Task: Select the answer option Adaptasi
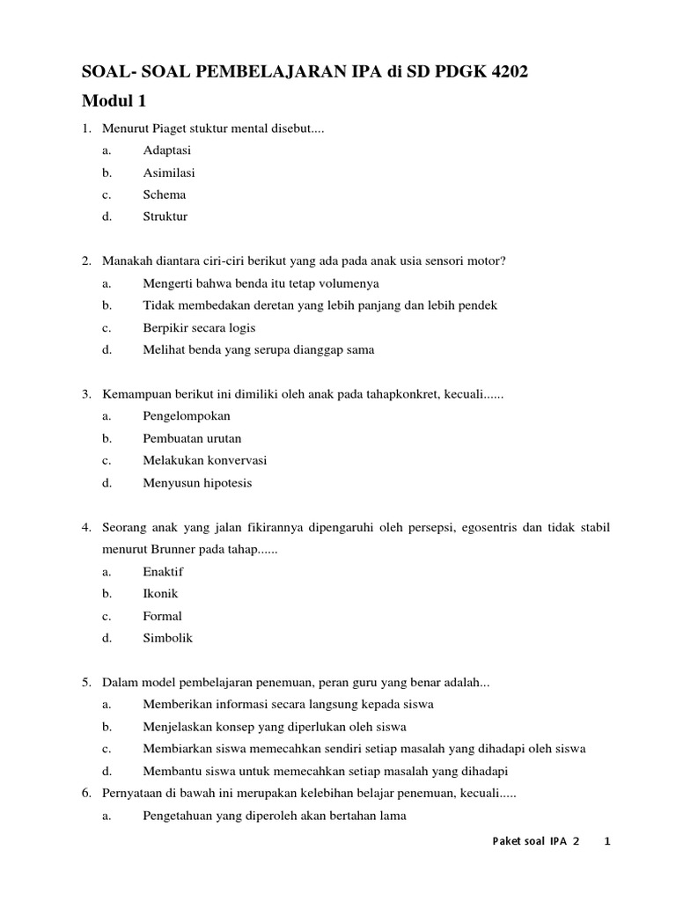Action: click(167, 150)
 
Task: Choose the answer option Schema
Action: click(165, 194)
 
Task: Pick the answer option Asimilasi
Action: click(169, 172)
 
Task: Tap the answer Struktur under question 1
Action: click(165, 216)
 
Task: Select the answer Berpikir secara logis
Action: click(199, 327)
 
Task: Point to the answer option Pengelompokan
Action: click(187, 416)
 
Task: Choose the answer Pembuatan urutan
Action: click(192, 438)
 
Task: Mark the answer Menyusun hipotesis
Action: click(197, 482)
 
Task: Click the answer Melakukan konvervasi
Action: click(205, 460)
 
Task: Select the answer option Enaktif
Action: click(163, 571)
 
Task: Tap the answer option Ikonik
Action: click(160, 593)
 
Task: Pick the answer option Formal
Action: click(162, 616)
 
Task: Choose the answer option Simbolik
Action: click(167, 638)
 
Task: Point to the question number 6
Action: click(87, 793)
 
